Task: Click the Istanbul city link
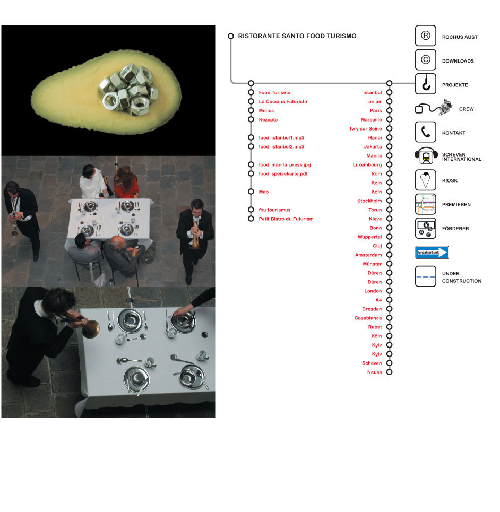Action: tap(372, 92)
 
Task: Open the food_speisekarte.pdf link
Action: tap(283, 173)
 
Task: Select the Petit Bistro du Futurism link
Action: tap(286, 219)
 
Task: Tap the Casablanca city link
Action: tap(368, 318)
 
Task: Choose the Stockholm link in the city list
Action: tap(369, 201)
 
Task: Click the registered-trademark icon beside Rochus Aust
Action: tap(426, 36)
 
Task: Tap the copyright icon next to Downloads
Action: tap(426, 60)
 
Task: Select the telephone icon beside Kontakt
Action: tap(426, 132)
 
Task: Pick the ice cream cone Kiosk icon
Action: tap(426, 180)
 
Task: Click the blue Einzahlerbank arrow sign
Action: tap(432, 253)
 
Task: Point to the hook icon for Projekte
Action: tap(426, 84)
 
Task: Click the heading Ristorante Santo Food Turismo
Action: tap(297, 36)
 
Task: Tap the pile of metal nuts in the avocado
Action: tap(129, 89)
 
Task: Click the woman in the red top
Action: tap(125, 183)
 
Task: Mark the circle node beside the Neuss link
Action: tap(389, 372)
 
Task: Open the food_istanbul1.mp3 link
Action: tap(281, 137)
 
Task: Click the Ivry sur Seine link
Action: tap(366, 128)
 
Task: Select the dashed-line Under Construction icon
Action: tap(426, 276)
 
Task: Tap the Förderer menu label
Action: tap(455, 229)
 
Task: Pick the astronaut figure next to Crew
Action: tap(445, 107)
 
